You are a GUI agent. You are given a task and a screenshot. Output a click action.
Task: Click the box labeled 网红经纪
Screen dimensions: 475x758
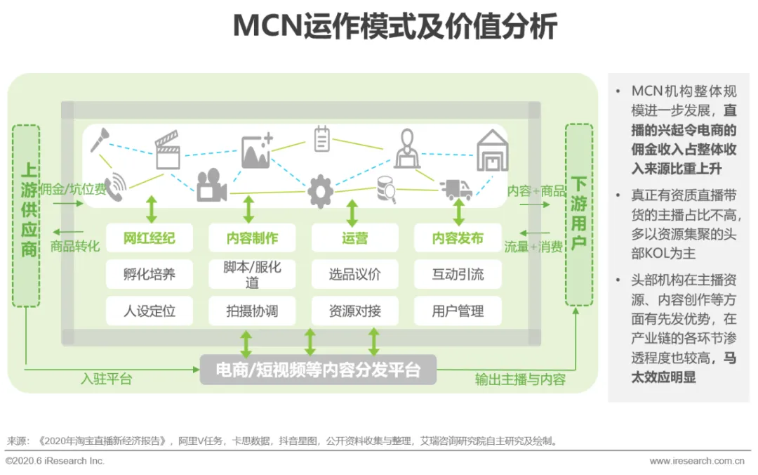pos(149,238)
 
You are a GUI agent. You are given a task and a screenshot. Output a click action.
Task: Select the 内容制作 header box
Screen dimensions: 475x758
pos(252,238)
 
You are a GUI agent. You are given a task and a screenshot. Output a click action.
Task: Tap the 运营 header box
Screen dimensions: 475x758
pos(354,238)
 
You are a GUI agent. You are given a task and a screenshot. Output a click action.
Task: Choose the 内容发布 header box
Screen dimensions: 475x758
pos(458,238)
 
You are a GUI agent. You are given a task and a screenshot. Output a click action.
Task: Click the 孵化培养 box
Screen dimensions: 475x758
pos(149,274)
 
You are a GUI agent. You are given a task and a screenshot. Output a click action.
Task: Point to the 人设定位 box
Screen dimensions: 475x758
pos(149,311)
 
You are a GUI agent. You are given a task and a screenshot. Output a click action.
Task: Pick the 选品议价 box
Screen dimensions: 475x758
pos(354,274)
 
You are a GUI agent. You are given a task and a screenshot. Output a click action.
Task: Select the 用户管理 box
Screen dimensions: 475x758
pos(458,311)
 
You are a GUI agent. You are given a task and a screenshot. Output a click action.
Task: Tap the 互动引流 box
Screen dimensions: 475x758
pos(458,274)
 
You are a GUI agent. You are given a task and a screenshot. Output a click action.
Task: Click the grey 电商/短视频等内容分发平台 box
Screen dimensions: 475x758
pos(318,370)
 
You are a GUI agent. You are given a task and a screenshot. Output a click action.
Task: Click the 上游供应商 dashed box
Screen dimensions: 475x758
pos(27,215)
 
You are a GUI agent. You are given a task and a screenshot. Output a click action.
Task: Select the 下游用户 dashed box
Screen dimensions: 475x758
pos(578,215)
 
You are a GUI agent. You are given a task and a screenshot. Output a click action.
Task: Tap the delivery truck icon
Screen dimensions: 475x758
pos(456,189)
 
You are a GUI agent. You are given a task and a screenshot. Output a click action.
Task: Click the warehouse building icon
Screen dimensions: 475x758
pos(492,150)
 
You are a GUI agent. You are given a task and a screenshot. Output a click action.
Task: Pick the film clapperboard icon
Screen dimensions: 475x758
pos(168,152)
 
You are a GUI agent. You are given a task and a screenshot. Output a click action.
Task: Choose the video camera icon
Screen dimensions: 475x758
pos(211,186)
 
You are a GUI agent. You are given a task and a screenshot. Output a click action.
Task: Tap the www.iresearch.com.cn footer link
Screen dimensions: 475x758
pos(696,461)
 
